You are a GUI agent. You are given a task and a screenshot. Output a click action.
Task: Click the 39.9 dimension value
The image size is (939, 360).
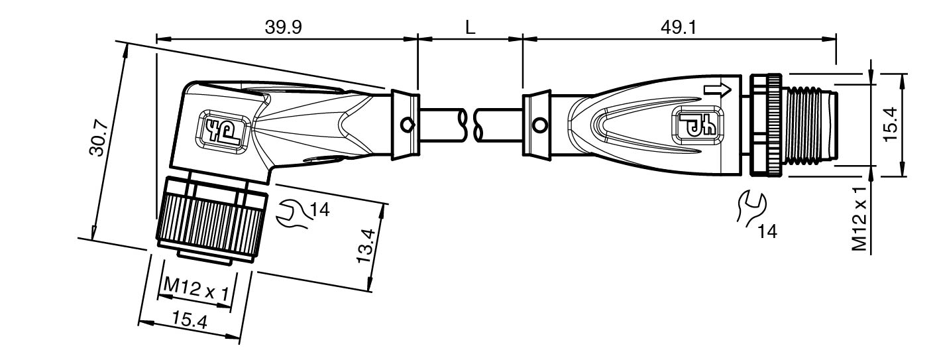pyautogui.click(x=283, y=28)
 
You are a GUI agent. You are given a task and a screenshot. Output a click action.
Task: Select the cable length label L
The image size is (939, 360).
pyautogui.click(x=470, y=28)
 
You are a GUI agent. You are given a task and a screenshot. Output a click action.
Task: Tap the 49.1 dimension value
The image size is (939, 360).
pyautogui.click(x=679, y=28)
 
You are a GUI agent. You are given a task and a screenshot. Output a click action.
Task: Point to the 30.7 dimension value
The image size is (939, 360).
pyautogui.click(x=99, y=138)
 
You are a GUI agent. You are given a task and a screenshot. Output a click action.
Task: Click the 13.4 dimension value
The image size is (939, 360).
pyautogui.click(x=366, y=246)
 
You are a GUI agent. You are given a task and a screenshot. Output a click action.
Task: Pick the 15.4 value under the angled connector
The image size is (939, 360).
pyautogui.click(x=190, y=321)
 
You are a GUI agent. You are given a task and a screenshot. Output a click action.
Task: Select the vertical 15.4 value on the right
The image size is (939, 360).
pyautogui.click(x=892, y=125)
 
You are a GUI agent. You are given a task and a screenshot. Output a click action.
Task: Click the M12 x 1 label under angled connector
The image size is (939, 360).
pyautogui.click(x=196, y=288)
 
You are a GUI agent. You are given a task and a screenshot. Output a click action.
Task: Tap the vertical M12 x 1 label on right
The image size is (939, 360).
pyautogui.click(x=859, y=219)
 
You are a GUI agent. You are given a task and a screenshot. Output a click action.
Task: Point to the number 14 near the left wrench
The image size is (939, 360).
pyautogui.click(x=319, y=210)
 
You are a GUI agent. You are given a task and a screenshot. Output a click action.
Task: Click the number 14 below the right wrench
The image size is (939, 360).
pyautogui.click(x=767, y=231)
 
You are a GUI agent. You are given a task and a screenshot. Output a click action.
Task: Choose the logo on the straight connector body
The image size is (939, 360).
pyautogui.click(x=698, y=125)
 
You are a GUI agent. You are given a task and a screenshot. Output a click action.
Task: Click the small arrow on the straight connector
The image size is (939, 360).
pyautogui.click(x=718, y=90)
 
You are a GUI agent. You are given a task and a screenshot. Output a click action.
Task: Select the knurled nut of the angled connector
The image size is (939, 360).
pyautogui.click(x=211, y=220)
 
